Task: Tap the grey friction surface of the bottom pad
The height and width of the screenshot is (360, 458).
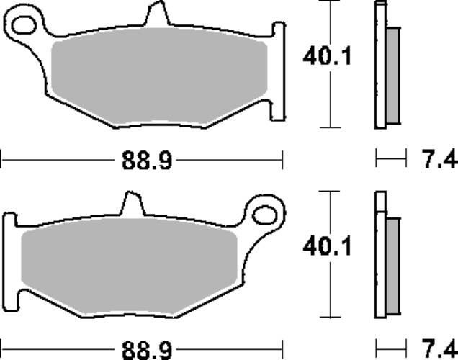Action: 130,266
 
